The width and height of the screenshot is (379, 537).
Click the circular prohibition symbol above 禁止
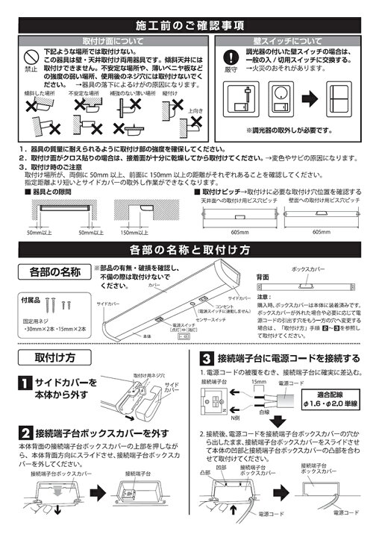point(31,57)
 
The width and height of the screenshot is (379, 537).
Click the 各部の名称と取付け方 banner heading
point(189,248)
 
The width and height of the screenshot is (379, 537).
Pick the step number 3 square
point(204,357)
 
